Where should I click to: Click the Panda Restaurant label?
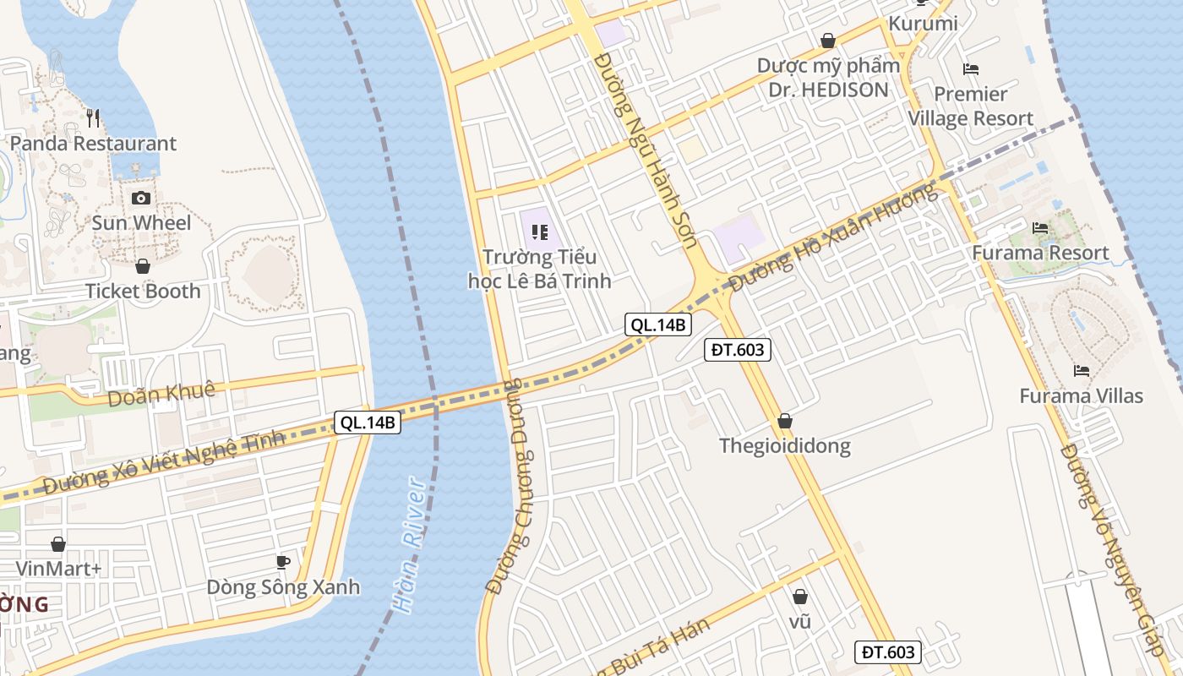(93, 144)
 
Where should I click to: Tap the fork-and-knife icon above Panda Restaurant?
(93, 117)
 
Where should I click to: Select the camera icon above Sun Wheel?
(141, 198)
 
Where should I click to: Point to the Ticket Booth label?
(143, 292)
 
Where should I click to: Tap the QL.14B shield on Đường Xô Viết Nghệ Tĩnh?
(368, 423)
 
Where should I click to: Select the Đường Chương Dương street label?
(520, 486)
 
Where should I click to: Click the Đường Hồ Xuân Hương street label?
(833, 237)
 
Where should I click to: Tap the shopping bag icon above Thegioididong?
(785, 421)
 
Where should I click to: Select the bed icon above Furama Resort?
(1040, 227)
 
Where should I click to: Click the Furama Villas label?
(1081, 396)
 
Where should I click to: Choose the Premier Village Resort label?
(970, 106)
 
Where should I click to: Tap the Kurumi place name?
(922, 24)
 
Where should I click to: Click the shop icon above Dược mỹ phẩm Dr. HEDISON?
(828, 41)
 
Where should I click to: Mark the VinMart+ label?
(58, 569)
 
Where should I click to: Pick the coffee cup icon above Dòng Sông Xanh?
(283, 561)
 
